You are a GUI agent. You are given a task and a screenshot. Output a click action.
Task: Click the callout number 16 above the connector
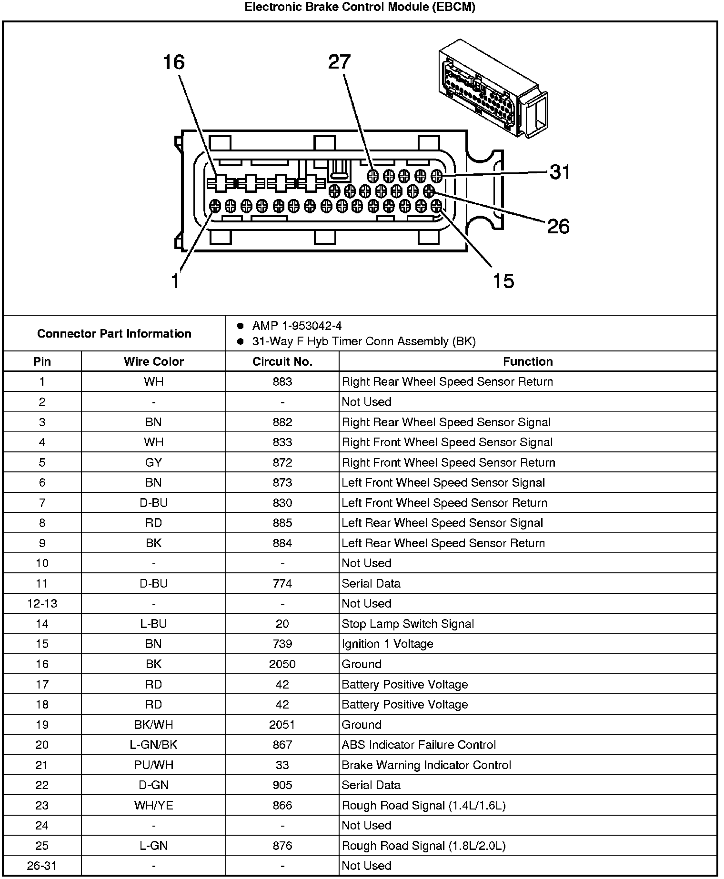pos(173,62)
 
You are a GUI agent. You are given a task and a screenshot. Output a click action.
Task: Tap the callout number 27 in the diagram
pos(339,62)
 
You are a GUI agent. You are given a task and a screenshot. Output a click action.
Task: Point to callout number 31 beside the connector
pos(560,172)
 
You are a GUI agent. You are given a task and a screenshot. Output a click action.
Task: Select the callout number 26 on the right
pos(558,226)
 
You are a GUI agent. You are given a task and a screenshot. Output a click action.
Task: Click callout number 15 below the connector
pos(503,281)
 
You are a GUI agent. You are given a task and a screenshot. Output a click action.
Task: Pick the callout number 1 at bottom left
pos(176,281)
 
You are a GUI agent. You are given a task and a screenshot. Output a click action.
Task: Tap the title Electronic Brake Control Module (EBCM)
pos(360,7)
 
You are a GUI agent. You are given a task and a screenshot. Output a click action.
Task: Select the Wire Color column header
pos(153,361)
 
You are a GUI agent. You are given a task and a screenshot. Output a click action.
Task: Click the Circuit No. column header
pos(282,361)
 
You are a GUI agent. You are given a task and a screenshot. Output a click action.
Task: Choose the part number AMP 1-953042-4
pos(297,326)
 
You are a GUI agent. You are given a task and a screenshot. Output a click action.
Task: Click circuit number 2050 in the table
pos(282,664)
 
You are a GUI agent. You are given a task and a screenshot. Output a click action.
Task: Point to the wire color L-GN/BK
pos(153,745)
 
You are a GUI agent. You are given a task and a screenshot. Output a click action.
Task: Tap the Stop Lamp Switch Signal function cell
pos(408,624)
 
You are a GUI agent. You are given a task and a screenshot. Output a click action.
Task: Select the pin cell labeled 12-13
pos(42,604)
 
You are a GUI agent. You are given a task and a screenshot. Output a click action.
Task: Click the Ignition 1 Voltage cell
pos(387,644)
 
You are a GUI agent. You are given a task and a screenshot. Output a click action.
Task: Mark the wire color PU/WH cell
pos(153,765)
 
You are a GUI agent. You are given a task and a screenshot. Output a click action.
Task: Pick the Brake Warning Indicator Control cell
pos(426,765)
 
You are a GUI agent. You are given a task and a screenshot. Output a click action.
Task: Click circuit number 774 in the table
pos(282,584)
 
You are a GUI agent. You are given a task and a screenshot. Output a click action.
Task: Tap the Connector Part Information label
pos(114,333)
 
